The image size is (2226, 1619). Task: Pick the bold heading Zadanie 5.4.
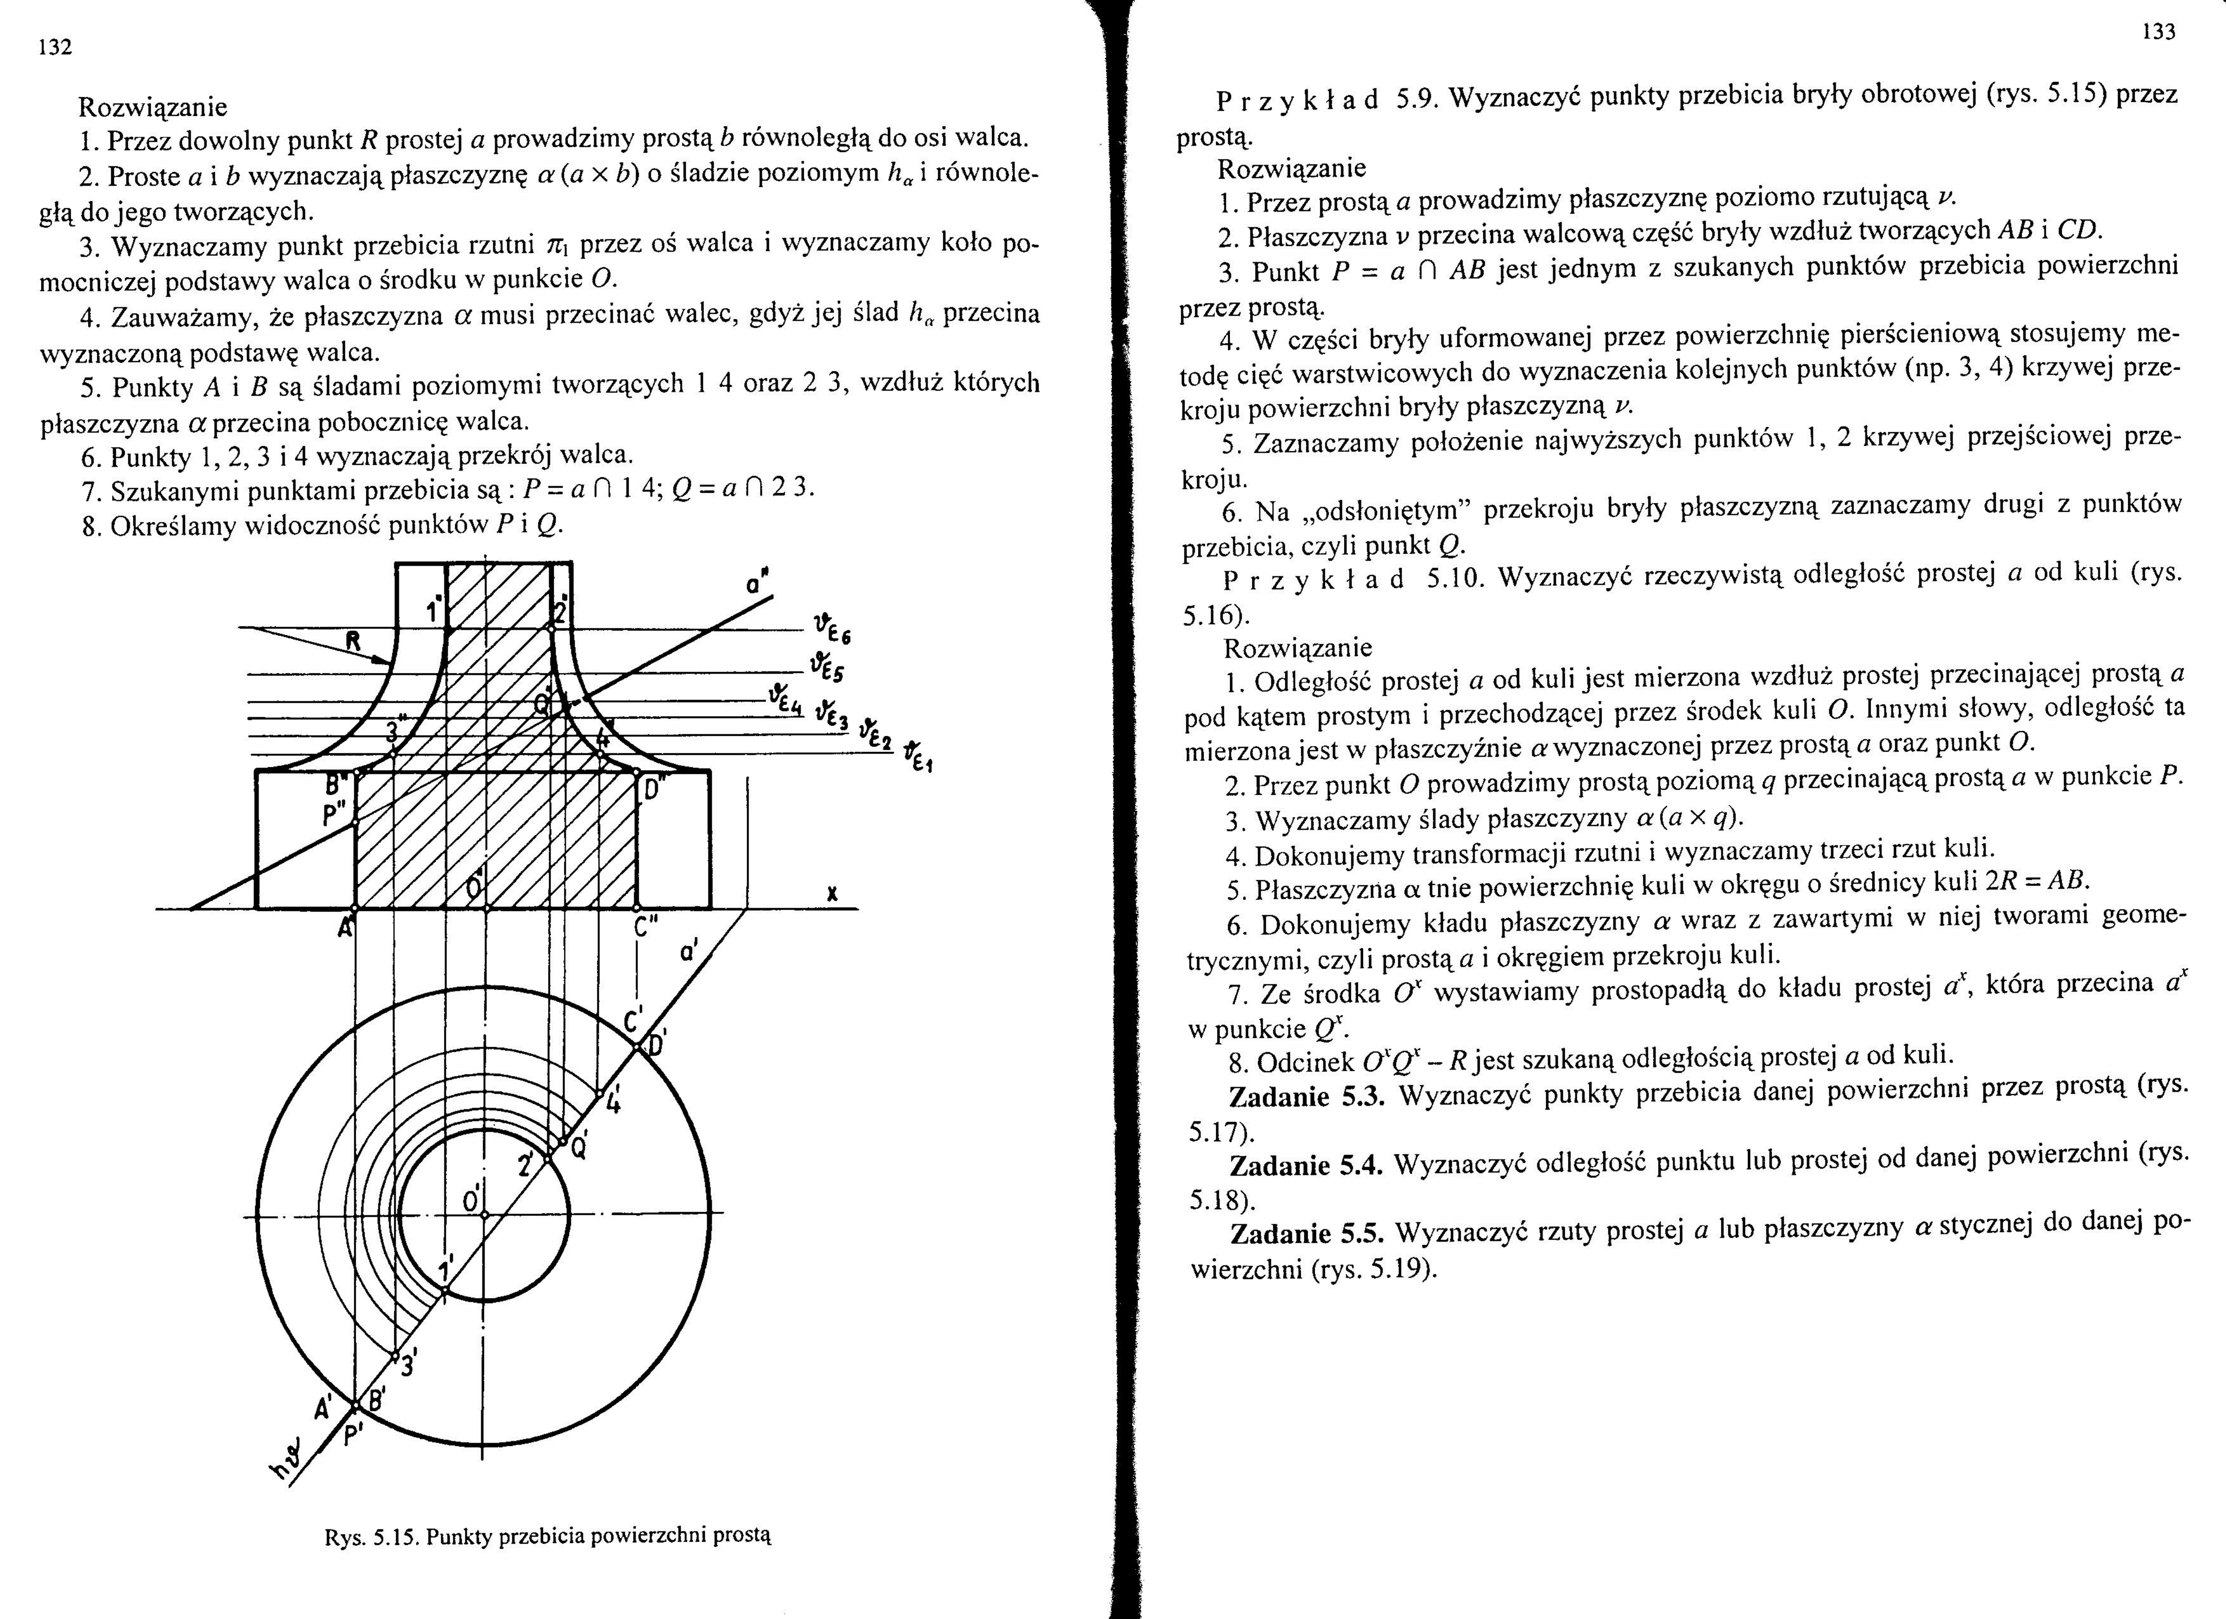pos(1305,1165)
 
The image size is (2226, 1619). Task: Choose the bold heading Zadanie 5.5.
pos(1305,1232)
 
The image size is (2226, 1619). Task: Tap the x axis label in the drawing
pos(831,894)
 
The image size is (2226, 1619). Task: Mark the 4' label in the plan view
pos(613,1100)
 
